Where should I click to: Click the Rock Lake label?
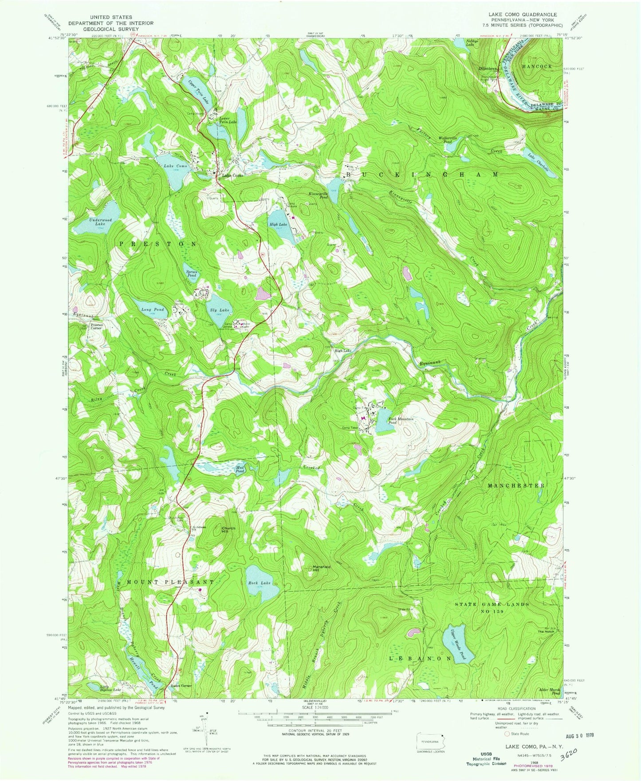[259, 583]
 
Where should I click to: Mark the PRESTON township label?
[157, 244]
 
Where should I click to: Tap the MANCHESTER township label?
[516, 486]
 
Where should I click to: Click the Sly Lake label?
[220, 310]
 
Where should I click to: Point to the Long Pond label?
[153, 309]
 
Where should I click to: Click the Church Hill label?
[228, 530]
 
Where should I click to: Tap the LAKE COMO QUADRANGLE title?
[523, 15]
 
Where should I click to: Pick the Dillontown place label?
[488, 69]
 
